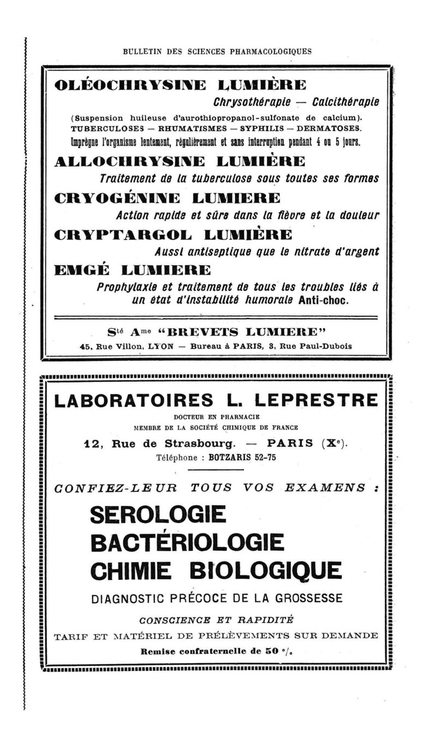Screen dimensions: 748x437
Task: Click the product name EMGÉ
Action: click(x=82, y=270)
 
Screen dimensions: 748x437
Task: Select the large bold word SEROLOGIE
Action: click(x=158, y=514)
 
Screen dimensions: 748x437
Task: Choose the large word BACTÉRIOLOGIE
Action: click(x=187, y=542)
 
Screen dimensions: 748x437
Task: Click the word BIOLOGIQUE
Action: click(x=277, y=571)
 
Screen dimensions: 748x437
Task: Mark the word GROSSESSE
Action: click(x=302, y=599)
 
